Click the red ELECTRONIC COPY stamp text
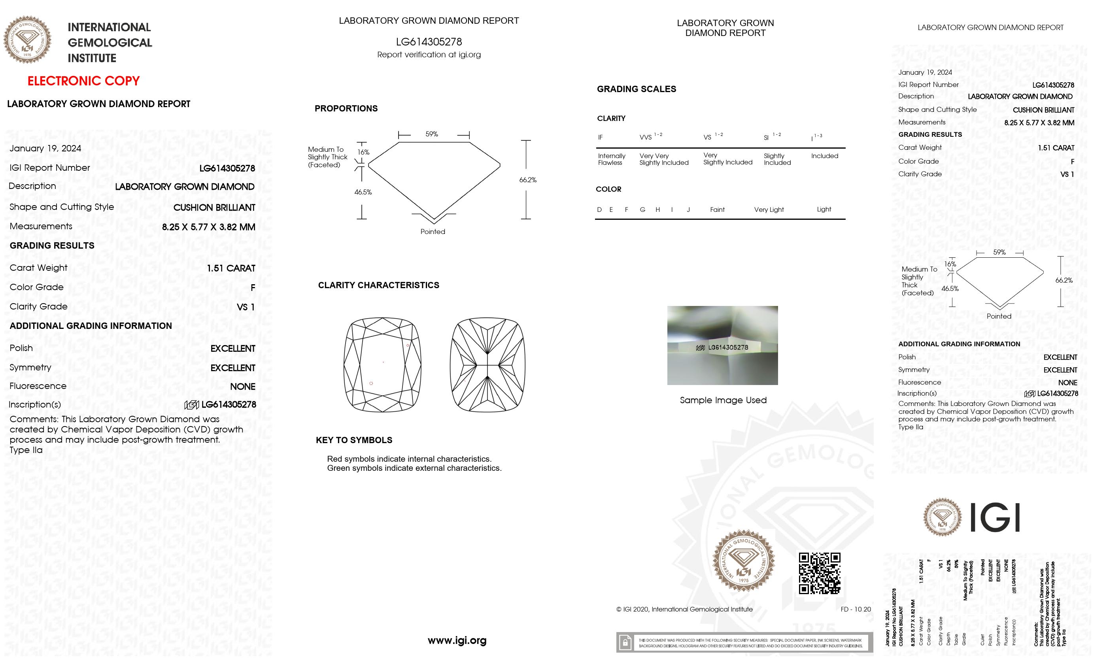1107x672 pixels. [83, 81]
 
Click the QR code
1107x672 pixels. [819, 573]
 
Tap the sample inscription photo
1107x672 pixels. [722, 345]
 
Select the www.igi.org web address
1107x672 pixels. [457, 640]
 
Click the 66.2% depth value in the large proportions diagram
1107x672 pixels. [528, 180]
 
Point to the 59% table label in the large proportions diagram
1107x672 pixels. [432, 134]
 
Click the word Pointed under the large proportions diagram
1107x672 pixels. [433, 231]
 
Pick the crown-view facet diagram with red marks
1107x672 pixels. [382, 364]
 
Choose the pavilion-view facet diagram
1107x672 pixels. [487, 364]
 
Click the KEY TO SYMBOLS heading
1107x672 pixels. [354, 440]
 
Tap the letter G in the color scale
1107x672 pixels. [642, 210]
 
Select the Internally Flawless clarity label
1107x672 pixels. [612, 159]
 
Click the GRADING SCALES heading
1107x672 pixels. [636, 89]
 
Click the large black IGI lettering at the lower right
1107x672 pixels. [995, 517]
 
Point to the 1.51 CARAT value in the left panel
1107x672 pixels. [231, 268]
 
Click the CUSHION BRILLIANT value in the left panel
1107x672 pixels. [214, 208]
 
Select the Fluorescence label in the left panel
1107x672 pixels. [38, 386]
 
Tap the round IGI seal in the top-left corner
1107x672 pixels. [27, 40]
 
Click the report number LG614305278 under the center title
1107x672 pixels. [429, 42]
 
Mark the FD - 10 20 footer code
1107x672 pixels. [856, 609]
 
